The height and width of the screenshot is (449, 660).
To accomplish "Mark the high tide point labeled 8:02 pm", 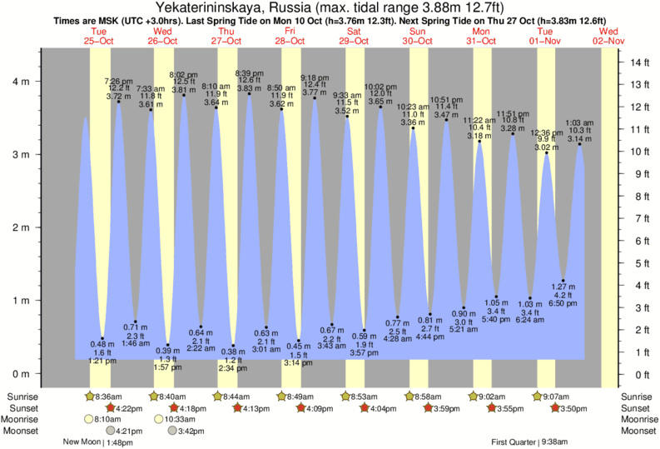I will (x=184, y=95).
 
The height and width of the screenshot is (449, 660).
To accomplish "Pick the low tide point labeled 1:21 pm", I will (x=102, y=338).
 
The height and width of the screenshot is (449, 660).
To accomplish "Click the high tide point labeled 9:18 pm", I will (x=315, y=98).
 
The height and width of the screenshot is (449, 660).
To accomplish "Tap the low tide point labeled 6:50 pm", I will (x=563, y=281).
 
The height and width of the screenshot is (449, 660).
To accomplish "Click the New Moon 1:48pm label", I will (x=99, y=443).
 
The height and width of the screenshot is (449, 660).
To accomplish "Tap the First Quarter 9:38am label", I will (x=529, y=443).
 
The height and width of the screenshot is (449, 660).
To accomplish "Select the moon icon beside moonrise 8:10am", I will (x=88, y=419).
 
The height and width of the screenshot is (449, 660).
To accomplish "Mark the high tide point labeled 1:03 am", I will (x=580, y=144).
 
